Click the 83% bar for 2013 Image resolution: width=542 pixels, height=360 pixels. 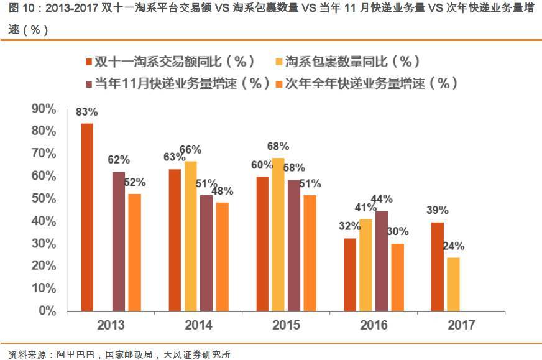click(x=87, y=217)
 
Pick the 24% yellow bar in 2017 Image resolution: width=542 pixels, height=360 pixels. click(x=454, y=284)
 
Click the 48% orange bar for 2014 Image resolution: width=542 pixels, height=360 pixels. click(x=222, y=256)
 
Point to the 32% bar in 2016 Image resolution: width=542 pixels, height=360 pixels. click(x=350, y=274)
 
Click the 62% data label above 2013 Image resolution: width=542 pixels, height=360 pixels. click(x=118, y=160)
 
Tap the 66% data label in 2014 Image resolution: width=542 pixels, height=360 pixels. click(x=190, y=150)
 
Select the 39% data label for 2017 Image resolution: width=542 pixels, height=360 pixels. click(x=438, y=210)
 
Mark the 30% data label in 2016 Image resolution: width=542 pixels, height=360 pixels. click(x=398, y=231)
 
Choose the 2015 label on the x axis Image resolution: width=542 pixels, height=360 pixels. click(x=286, y=325)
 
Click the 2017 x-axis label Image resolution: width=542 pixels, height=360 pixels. click(x=461, y=325)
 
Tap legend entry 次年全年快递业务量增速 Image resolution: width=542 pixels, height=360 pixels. click(x=371, y=83)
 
